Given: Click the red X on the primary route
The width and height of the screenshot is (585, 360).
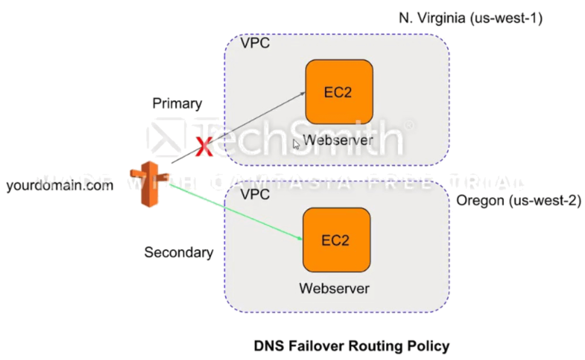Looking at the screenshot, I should click(x=204, y=147).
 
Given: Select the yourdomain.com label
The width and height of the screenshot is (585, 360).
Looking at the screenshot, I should click(x=60, y=185).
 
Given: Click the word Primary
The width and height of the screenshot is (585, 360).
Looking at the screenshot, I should click(x=177, y=104).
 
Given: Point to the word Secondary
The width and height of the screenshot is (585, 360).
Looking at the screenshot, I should click(x=179, y=252).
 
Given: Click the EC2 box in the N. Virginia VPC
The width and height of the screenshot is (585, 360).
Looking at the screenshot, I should click(x=339, y=92).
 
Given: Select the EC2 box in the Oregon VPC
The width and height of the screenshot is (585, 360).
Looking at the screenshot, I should click(x=336, y=240).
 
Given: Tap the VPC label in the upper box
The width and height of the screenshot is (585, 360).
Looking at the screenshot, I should click(x=255, y=43).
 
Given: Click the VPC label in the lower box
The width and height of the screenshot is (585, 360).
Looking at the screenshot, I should click(x=255, y=195).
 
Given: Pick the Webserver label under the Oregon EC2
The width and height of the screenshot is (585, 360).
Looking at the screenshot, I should click(x=334, y=288).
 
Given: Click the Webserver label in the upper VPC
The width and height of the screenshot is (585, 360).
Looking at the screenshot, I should click(x=338, y=141).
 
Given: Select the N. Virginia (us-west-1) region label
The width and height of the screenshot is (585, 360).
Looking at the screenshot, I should click(x=470, y=19).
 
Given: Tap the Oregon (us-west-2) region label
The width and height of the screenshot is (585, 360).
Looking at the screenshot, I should click(x=518, y=200).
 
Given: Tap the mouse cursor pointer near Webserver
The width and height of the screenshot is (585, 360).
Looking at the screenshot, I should click(x=296, y=144).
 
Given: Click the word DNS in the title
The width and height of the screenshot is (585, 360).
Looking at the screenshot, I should click(x=266, y=346).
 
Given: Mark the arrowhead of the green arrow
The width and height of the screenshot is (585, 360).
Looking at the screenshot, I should click(x=300, y=238).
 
